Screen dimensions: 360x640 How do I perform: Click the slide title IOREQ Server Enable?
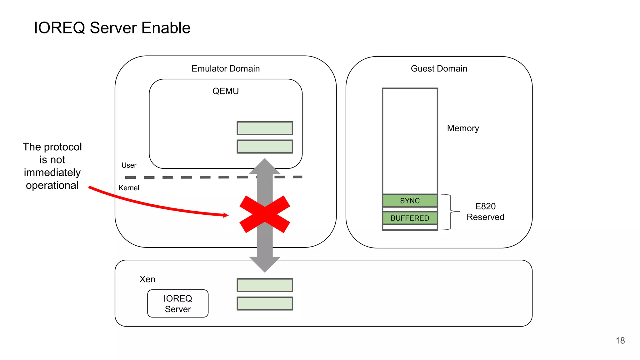[112, 28]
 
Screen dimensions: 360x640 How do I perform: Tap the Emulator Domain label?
[225, 68]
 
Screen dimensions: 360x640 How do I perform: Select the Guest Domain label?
[439, 68]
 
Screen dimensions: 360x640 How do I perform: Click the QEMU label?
[225, 91]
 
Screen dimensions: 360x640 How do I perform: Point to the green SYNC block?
[410, 201]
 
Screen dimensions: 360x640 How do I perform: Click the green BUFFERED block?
[410, 218]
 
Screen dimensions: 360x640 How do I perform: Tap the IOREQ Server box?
[178, 303]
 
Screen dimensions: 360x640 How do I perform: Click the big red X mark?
[265, 214]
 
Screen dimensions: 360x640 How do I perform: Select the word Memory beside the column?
[463, 128]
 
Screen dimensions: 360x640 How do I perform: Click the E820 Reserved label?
[485, 212]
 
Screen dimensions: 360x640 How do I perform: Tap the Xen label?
[147, 279]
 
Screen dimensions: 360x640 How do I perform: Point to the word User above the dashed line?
[129, 165]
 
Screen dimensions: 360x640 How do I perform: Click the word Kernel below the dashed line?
[129, 188]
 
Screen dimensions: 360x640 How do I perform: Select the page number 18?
[620, 341]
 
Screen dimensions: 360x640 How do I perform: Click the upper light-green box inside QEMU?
[265, 128]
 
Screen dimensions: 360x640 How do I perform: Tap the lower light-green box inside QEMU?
[265, 147]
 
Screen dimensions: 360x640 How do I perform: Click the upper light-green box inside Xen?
[265, 285]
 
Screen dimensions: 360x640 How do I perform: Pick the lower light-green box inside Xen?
[265, 303]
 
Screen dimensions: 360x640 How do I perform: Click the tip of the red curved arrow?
[227, 215]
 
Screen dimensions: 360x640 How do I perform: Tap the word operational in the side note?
[52, 185]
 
